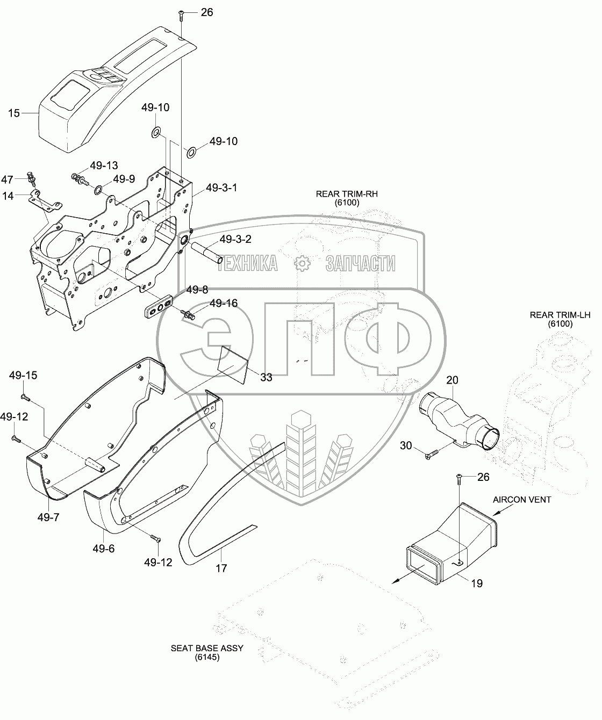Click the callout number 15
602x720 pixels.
[14, 113]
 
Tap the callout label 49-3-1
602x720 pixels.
[221, 188]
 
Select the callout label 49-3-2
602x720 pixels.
[235, 239]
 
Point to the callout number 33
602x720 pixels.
[266, 377]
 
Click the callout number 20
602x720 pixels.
[452, 380]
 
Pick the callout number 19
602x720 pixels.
[477, 584]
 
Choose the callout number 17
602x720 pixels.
[221, 568]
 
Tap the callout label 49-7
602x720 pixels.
[48, 527]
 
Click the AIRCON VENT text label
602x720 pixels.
[522, 500]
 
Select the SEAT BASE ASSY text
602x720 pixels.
[207, 649]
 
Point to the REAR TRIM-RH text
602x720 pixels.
[347, 194]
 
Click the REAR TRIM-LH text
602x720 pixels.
[560, 315]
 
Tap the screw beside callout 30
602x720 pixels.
[433, 454]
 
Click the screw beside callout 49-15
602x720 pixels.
[26, 398]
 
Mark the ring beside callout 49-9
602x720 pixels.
[98, 189]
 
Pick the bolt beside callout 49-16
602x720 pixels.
[188, 314]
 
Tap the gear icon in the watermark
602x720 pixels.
[302, 263]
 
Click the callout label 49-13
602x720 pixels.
[104, 165]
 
